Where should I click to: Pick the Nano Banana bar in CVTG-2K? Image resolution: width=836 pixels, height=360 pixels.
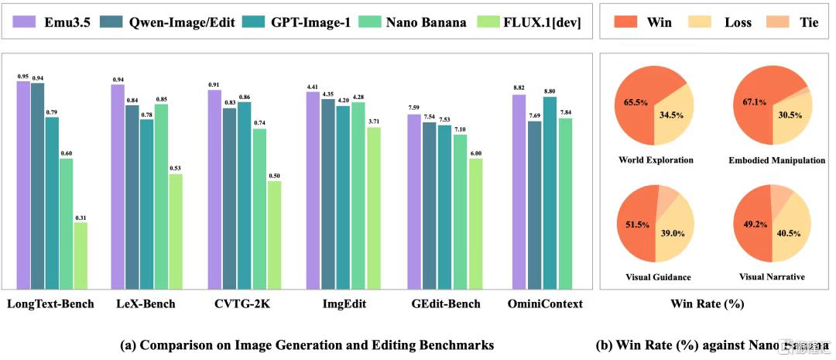pos(259,208)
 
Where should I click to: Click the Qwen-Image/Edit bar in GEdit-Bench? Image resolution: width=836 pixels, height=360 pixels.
pos(430,205)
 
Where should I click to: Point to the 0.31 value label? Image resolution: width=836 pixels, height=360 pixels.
pos(80,217)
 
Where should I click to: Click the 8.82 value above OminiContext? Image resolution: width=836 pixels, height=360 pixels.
pos(519,88)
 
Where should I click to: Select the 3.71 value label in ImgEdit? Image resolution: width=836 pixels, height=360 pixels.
pos(373,121)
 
